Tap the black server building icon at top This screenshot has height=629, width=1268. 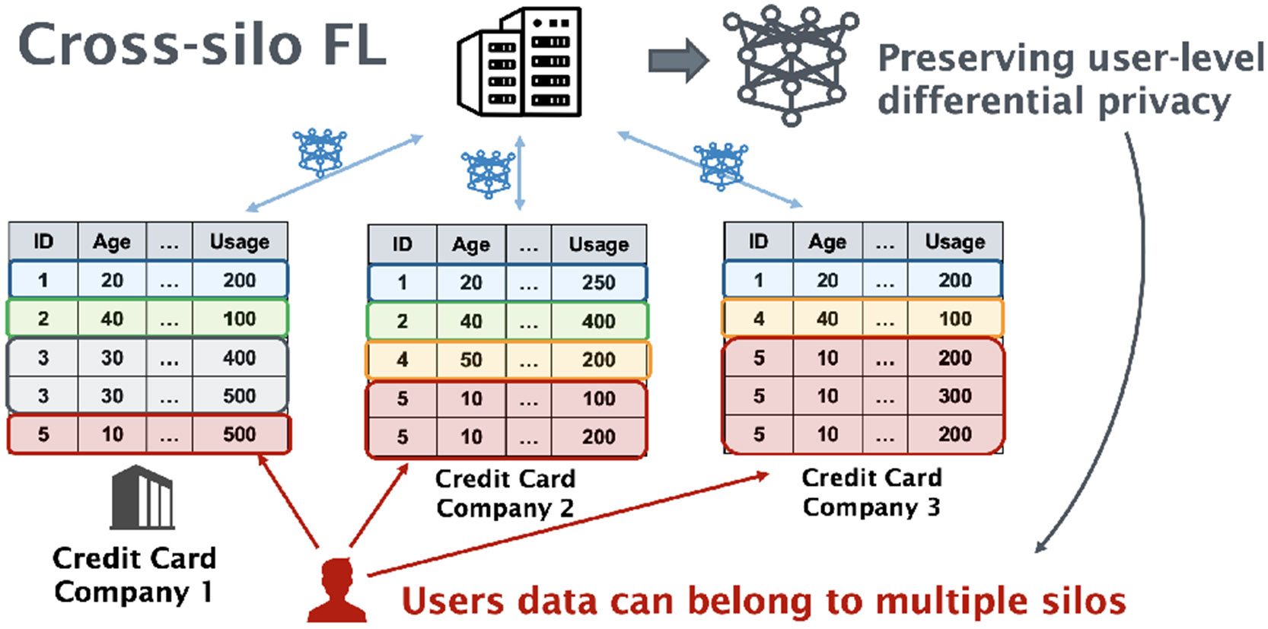(x=520, y=62)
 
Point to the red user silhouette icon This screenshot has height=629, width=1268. (x=337, y=592)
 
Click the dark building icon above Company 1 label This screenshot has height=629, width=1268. (x=142, y=498)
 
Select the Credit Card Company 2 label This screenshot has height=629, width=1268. (x=505, y=493)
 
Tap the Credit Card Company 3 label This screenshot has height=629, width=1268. (x=871, y=491)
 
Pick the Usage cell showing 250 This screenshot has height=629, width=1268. (x=599, y=283)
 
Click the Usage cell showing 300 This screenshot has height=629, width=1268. (x=954, y=396)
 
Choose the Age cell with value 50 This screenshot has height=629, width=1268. (x=471, y=360)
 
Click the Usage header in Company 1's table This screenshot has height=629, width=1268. (x=240, y=242)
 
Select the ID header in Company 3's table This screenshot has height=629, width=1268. (x=758, y=241)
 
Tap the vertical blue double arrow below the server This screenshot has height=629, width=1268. (x=520, y=173)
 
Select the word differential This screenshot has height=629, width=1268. (x=982, y=101)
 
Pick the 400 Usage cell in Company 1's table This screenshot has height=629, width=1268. (x=240, y=357)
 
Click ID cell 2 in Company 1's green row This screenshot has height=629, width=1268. (x=43, y=319)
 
